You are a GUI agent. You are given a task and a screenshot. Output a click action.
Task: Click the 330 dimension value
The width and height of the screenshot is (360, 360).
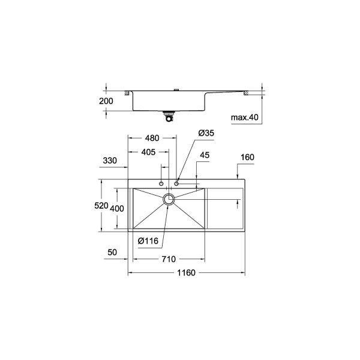[109, 161]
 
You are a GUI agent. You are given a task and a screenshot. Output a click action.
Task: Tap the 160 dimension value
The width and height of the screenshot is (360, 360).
[247, 157]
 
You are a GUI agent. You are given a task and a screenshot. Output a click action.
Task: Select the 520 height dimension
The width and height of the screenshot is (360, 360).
[102, 206]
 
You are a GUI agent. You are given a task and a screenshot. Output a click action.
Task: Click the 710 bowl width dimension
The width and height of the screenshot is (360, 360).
[167, 259]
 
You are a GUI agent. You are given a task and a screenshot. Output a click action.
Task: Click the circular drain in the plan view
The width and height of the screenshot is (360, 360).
[169, 199]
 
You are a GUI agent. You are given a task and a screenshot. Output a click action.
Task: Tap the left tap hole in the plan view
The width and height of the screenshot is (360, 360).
[161, 182]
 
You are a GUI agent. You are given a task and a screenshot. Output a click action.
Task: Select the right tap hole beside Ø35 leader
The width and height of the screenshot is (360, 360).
[176, 182]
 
